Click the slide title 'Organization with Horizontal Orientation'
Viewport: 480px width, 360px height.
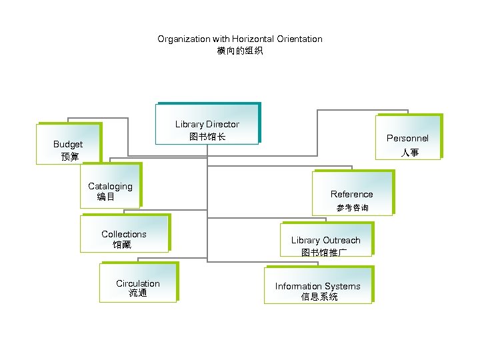click(239, 39)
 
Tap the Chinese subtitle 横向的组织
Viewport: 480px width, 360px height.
click(239, 51)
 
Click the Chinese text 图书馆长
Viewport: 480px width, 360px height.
click(207, 136)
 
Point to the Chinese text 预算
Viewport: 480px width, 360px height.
click(69, 157)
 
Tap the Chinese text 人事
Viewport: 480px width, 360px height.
click(409, 153)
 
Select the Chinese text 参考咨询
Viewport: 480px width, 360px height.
click(352, 208)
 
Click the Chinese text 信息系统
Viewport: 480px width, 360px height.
click(319, 297)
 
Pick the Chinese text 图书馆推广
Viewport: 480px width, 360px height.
click(323, 253)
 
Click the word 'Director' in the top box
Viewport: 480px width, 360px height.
click(223, 124)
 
